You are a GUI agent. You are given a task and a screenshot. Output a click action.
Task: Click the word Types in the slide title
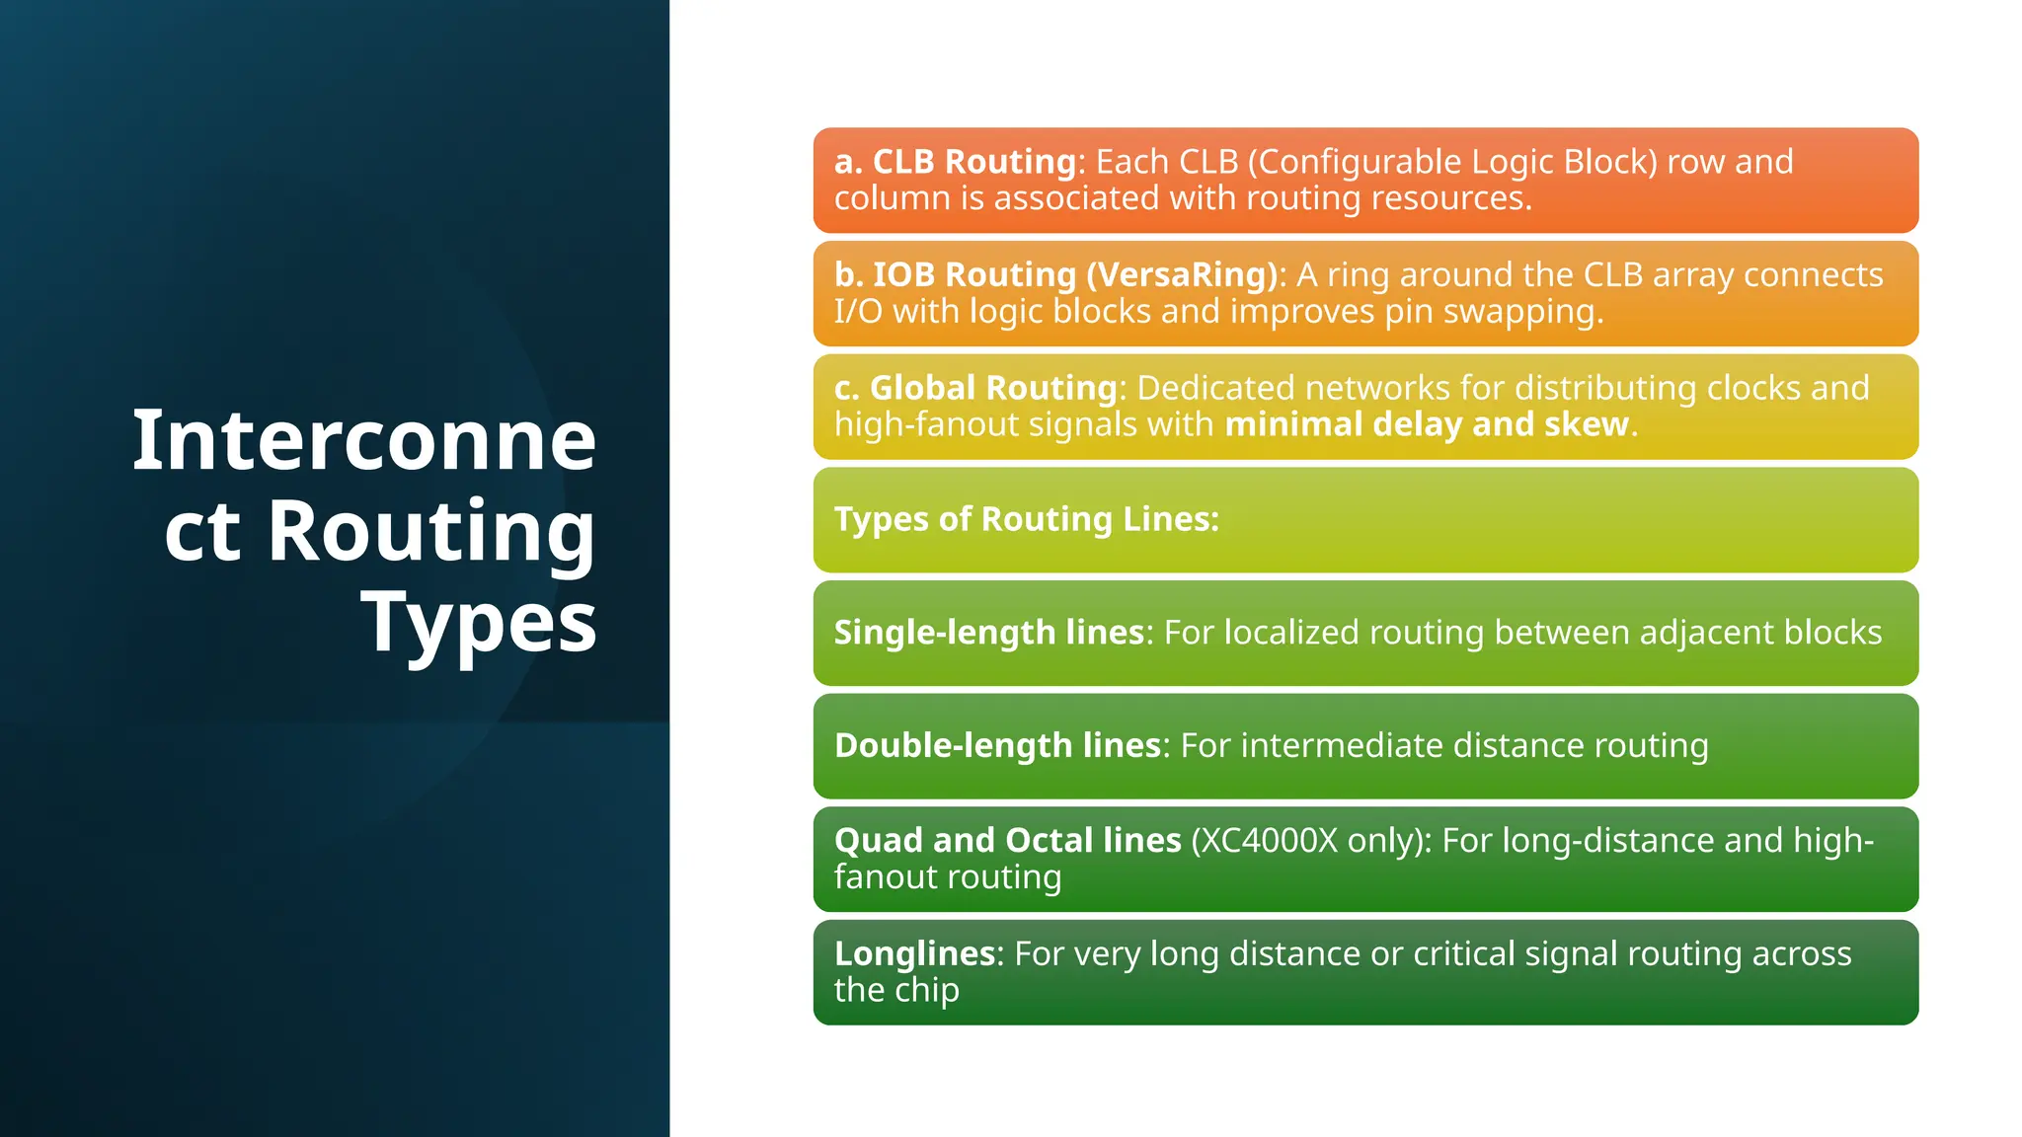[x=479, y=622]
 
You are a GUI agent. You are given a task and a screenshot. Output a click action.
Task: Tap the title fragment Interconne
[x=364, y=440]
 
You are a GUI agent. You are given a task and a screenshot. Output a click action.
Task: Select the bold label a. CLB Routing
[x=955, y=162]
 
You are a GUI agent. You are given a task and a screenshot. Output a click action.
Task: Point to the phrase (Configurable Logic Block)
[x=1452, y=162]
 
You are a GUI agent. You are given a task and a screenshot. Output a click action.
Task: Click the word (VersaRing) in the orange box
[x=1182, y=274]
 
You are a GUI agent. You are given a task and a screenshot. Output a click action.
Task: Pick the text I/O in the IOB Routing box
[x=858, y=312]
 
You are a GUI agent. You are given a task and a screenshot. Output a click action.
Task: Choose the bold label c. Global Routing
[x=975, y=388]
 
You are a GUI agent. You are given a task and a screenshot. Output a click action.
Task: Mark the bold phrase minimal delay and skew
[x=1427, y=424]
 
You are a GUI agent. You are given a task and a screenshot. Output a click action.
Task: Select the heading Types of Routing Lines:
[x=1027, y=519]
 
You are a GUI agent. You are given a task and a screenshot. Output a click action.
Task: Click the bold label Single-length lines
[x=989, y=633]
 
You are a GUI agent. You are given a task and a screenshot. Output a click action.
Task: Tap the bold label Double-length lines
[x=997, y=746]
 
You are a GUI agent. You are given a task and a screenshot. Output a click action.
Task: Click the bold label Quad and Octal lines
[x=1007, y=841]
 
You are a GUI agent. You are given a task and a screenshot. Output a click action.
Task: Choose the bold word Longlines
[x=914, y=954]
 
